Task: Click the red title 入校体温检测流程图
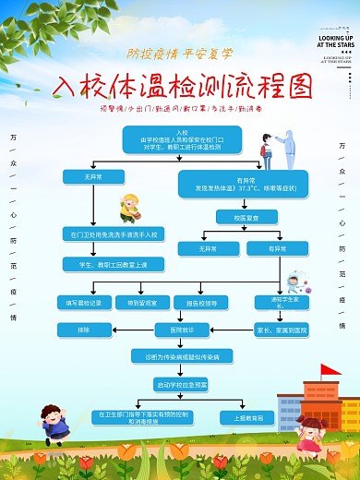[x=181, y=88]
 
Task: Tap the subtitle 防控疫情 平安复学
[x=181, y=53]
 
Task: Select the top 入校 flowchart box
[x=182, y=140]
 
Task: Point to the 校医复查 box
[x=234, y=217]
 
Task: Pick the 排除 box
[x=83, y=330]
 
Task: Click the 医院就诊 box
[x=182, y=330]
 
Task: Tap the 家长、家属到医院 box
[x=281, y=330]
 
